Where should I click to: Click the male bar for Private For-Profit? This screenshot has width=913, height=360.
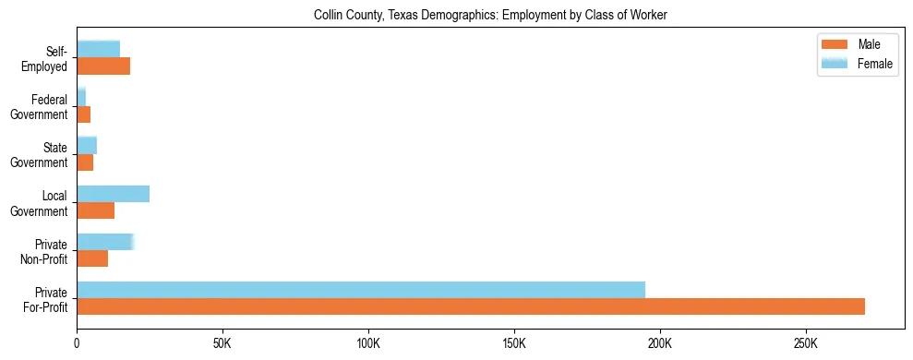click(x=471, y=306)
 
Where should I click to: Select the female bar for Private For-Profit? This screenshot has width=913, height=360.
click(x=361, y=290)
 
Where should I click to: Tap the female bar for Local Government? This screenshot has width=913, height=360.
click(x=113, y=194)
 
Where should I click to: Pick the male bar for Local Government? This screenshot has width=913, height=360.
click(x=95, y=210)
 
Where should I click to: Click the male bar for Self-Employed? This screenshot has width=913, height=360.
click(x=103, y=66)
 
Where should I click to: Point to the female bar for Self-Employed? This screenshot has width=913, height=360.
click(x=98, y=49)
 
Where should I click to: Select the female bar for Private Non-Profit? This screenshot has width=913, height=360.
click(x=105, y=242)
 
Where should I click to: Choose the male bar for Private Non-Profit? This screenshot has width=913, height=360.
click(x=92, y=258)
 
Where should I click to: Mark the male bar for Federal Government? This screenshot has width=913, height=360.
click(x=83, y=114)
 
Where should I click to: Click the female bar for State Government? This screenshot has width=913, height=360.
click(x=87, y=145)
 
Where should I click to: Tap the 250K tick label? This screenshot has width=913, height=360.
click(x=806, y=342)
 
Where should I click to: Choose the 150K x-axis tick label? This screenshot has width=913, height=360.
click(x=514, y=342)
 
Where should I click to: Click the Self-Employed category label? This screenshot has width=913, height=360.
click(x=50, y=58)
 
